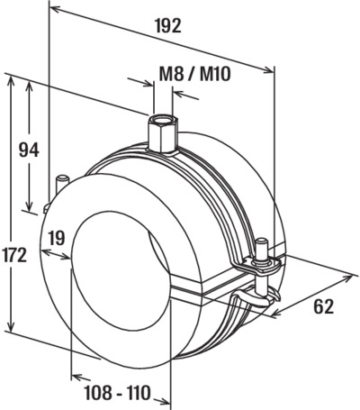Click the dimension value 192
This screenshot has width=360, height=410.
(168, 25)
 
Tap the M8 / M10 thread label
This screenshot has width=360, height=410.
(194, 74)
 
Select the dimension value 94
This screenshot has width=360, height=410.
(29, 150)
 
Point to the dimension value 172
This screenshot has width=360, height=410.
(14, 256)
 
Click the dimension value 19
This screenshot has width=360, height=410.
(57, 239)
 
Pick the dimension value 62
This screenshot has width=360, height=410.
(324, 306)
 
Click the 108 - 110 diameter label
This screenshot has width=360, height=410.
(117, 393)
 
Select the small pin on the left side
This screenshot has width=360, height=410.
(63, 184)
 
